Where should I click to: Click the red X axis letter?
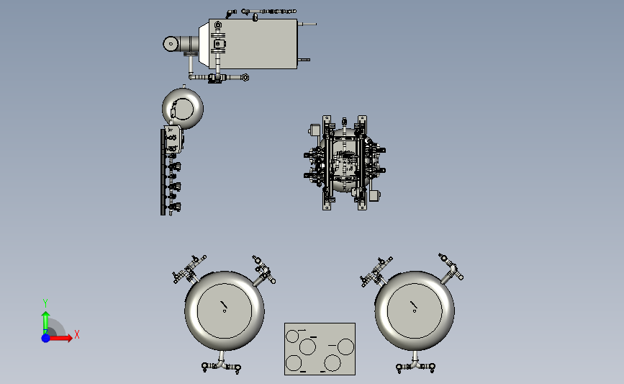pos(77,334)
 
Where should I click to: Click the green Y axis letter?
pos(45,303)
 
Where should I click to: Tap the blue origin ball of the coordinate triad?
pos(46,338)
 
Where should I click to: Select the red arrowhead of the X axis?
pos(69,338)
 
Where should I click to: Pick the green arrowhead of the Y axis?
pos(46,316)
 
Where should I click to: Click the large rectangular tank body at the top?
pos(253,44)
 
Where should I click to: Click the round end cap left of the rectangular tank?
pos(171,44)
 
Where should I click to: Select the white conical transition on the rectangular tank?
pos(204,44)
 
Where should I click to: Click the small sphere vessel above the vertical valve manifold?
pos(183,108)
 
